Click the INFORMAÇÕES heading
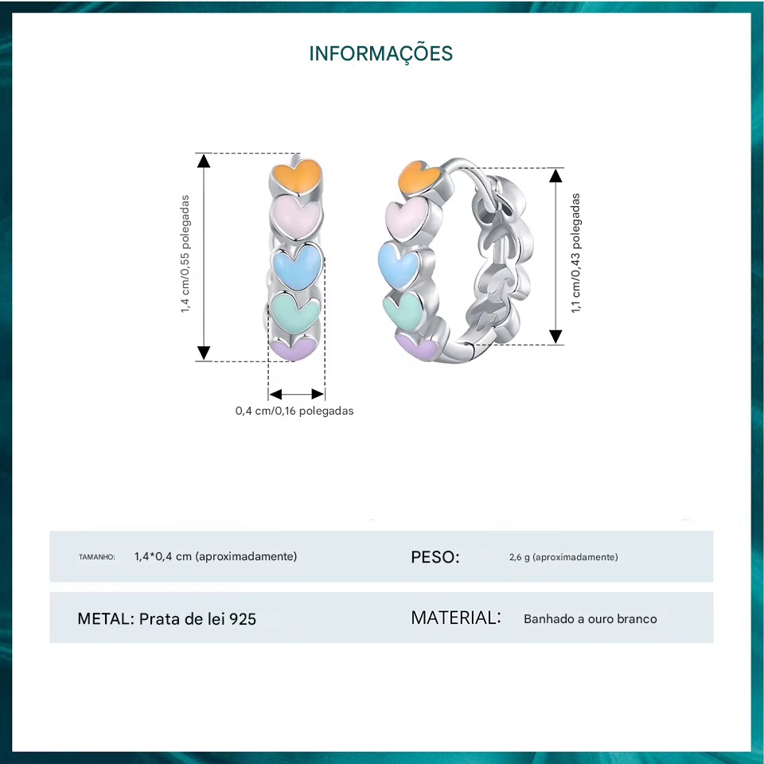pos(380,53)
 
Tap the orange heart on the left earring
pos(296,176)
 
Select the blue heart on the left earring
pos(296,267)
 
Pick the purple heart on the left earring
pos(294,349)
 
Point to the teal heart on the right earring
pos(406,309)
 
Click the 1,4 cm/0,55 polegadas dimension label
pos(185,254)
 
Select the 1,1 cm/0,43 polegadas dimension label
pos(575,254)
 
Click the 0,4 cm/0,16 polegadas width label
pos(294,411)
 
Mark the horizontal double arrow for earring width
pos(296,394)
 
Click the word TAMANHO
pos(97,557)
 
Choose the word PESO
pos(435,557)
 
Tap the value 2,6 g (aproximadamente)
pos(563,557)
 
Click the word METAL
pos(105,618)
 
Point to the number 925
pos(242,618)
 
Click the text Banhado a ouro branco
pos(591,618)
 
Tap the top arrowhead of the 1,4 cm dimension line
pos(204,161)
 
